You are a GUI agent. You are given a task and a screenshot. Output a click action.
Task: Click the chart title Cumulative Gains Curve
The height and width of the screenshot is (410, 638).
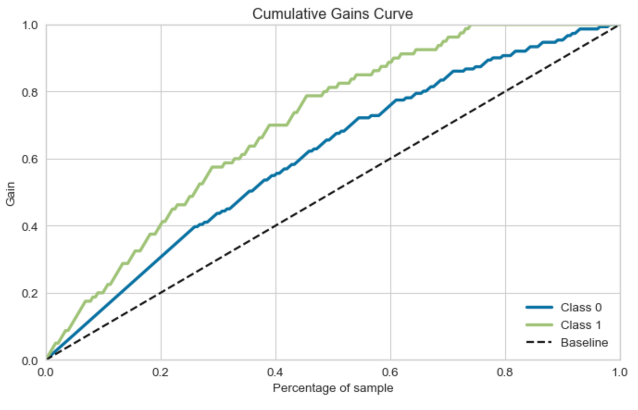click(332, 13)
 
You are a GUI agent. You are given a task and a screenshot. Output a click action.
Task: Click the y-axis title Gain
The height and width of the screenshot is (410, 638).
click(10, 193)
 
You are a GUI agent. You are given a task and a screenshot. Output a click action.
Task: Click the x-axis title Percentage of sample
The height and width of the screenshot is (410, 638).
click(333, 388)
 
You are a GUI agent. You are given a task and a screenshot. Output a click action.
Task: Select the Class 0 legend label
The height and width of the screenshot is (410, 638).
click(581, 307)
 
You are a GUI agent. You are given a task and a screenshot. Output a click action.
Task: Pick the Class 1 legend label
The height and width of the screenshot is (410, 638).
click(581, 325)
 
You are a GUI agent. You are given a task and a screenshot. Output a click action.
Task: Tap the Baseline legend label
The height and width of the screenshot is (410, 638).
click(584, 342)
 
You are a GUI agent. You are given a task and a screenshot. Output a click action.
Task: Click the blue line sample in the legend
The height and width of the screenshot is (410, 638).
click(539, 307)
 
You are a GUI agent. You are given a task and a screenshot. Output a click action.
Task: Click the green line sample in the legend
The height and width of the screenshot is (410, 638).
click(539, 325)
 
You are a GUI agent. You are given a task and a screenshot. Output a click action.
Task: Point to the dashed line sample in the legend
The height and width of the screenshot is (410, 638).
click(539, 342)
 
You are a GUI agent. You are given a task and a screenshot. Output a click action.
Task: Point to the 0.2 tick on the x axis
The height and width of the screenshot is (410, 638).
click(161, 373)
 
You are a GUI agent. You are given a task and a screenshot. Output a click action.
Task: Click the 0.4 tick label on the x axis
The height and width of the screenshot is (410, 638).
click(275, 373)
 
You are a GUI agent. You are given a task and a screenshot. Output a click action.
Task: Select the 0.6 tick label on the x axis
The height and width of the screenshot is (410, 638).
click(390, 373)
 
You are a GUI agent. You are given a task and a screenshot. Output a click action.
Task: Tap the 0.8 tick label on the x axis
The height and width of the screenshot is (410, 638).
click(505, 373)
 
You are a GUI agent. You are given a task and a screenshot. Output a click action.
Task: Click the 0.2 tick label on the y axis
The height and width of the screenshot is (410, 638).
click(30, 293)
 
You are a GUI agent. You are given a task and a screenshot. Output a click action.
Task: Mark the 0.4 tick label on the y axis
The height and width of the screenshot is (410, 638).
click(30, 226)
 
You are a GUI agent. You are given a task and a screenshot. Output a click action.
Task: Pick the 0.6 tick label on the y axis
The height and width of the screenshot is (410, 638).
click(30, 159)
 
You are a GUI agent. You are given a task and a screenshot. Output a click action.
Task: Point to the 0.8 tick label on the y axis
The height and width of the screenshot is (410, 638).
click(30, 92)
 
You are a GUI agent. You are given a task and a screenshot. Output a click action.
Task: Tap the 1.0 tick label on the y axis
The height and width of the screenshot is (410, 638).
click(30, 25)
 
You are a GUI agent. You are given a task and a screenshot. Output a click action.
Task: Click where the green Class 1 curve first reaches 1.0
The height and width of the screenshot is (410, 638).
click(470, 25)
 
